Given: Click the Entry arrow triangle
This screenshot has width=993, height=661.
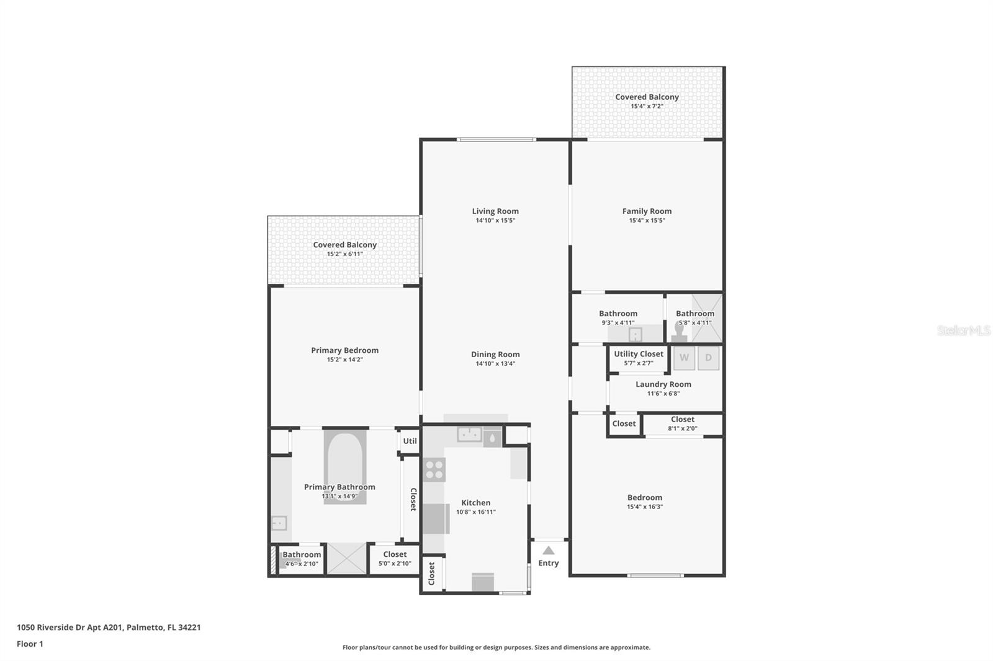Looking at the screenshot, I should point(548,550).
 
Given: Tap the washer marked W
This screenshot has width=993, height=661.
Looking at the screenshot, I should point(684,358).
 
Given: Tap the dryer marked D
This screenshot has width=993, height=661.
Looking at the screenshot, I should point(708,358).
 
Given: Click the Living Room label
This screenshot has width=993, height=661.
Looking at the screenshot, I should point(495,211).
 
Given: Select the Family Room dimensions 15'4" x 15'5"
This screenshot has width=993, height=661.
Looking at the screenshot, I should point(647,220).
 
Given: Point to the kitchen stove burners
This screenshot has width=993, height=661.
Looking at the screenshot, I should point(434,469).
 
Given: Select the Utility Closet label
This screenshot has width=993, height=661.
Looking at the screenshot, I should point(639,353).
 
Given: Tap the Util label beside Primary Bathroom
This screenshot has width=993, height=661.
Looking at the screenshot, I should point(410,441).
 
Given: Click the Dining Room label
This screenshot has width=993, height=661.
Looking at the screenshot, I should point(495,355).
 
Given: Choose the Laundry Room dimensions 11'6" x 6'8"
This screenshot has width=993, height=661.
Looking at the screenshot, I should point(663,393).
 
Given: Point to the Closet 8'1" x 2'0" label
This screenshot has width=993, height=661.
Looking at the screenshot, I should point(683,419).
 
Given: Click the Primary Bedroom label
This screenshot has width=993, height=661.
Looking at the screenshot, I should point(344,350).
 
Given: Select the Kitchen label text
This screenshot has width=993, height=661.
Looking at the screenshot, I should point(475,503).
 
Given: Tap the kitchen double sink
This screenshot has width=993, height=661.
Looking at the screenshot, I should point(469,435).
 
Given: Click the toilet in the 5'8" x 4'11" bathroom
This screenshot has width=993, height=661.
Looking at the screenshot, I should point(680,332).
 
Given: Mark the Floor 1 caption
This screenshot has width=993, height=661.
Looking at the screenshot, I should point(30,644).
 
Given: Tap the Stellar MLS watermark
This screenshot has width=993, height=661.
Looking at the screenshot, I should point(963,331).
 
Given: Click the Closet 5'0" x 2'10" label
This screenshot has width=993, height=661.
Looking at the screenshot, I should point(395,554).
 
